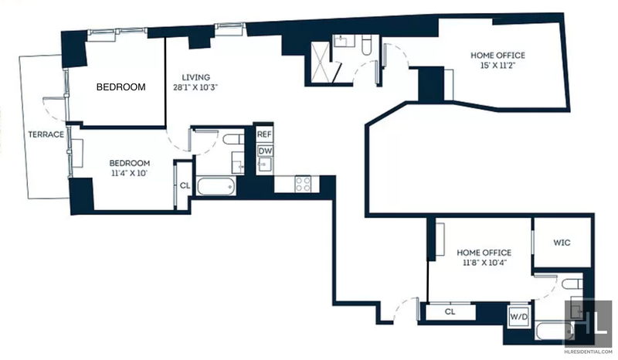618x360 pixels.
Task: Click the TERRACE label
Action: click(46, 134)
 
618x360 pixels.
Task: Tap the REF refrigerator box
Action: click(264, 134)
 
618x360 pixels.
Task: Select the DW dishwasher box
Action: click(265, 151)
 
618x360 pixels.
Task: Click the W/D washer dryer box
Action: click(518, 317)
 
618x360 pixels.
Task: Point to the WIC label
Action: click(562, 243)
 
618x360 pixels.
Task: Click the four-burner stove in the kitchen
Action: click(304, 184)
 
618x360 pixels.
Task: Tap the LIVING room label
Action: click(196, 77)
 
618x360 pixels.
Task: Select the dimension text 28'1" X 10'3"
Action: click(195, 87)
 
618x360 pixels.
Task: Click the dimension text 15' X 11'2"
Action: click(497, 66)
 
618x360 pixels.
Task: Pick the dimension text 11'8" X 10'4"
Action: click(484, 262)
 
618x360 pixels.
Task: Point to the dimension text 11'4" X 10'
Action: click(129, 173)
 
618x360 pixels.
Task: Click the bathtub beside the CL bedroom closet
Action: click(216, 185)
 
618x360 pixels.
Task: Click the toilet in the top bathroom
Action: click(366, 45)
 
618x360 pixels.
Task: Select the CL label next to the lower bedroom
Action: click(185, 185)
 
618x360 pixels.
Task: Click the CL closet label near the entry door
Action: click(450, 311)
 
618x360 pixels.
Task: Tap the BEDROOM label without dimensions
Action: click(121, 87)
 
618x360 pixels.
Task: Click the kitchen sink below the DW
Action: click(265, 165)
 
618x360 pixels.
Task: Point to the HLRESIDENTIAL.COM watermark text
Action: click(588, 351)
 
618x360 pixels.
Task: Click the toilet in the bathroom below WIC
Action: click(572, 284)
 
